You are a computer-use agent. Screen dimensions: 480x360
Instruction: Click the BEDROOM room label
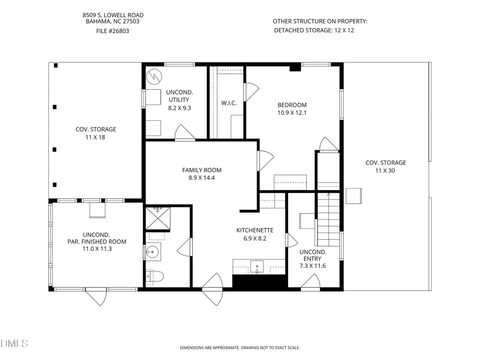292,105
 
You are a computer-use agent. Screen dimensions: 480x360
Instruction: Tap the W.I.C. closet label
229,103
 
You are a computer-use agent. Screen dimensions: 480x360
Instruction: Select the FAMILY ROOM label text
202,170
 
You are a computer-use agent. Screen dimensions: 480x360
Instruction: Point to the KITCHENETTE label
255,230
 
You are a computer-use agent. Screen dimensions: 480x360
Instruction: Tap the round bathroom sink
152,252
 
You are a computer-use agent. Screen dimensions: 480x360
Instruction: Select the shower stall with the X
158,218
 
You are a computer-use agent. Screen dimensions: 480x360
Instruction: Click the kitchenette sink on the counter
257,266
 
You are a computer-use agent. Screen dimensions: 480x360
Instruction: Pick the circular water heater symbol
154,76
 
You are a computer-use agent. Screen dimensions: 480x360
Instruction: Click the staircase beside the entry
328,219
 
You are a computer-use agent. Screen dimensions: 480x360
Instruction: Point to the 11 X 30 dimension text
385,171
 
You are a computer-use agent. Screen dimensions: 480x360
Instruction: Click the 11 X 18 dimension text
95,138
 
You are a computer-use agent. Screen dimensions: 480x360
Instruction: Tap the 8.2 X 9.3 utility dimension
179,108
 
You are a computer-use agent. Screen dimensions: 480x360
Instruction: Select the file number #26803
113,31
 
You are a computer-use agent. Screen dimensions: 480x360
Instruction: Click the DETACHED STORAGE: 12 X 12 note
314,30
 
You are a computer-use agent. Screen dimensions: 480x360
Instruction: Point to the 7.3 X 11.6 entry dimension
312,266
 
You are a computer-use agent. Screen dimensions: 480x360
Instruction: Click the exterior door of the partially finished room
96,296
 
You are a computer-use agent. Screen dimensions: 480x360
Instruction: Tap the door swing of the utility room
185,132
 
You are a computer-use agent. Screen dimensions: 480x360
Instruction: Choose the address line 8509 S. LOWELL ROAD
113,15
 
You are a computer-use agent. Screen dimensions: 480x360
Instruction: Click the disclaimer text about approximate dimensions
240,347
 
